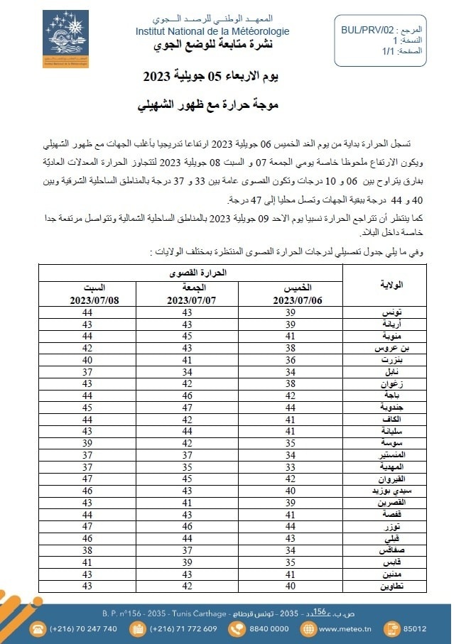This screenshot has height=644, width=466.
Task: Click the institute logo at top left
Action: (x=65, y=38)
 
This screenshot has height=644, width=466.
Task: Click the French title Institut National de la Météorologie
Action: (x=212, y=32)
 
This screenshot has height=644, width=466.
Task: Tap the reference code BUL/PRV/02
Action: (x=367, y=31)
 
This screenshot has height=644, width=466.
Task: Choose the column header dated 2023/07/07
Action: (x=188, y=294)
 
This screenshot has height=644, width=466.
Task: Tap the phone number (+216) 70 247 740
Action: (x=83, y=628)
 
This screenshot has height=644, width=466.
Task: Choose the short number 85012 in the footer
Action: (x=413, y=628)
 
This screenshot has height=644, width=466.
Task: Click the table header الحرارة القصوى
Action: (x=188, y=272)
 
